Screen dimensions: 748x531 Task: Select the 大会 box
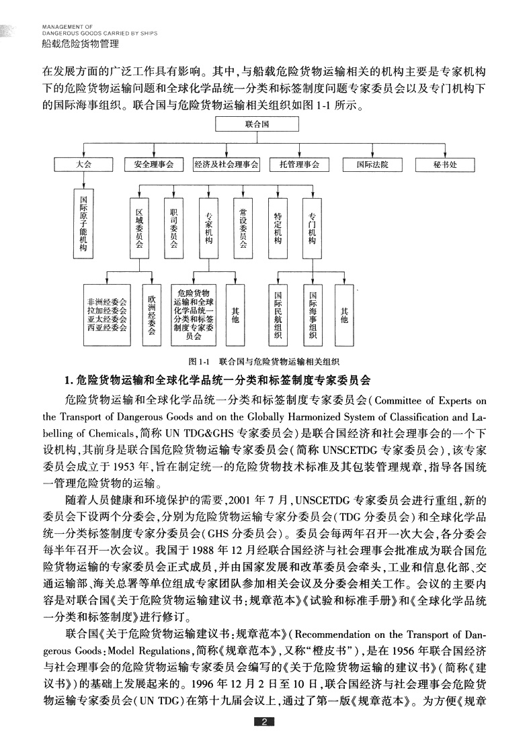coord(84,165)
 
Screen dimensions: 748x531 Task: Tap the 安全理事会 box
coord(153,165)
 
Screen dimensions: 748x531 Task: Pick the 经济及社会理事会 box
coord(226,165)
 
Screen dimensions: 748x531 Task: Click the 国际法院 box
coord(372,165)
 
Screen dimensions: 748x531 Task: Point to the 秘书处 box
coord(445,165)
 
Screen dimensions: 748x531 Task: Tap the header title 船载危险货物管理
coord(80,44)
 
